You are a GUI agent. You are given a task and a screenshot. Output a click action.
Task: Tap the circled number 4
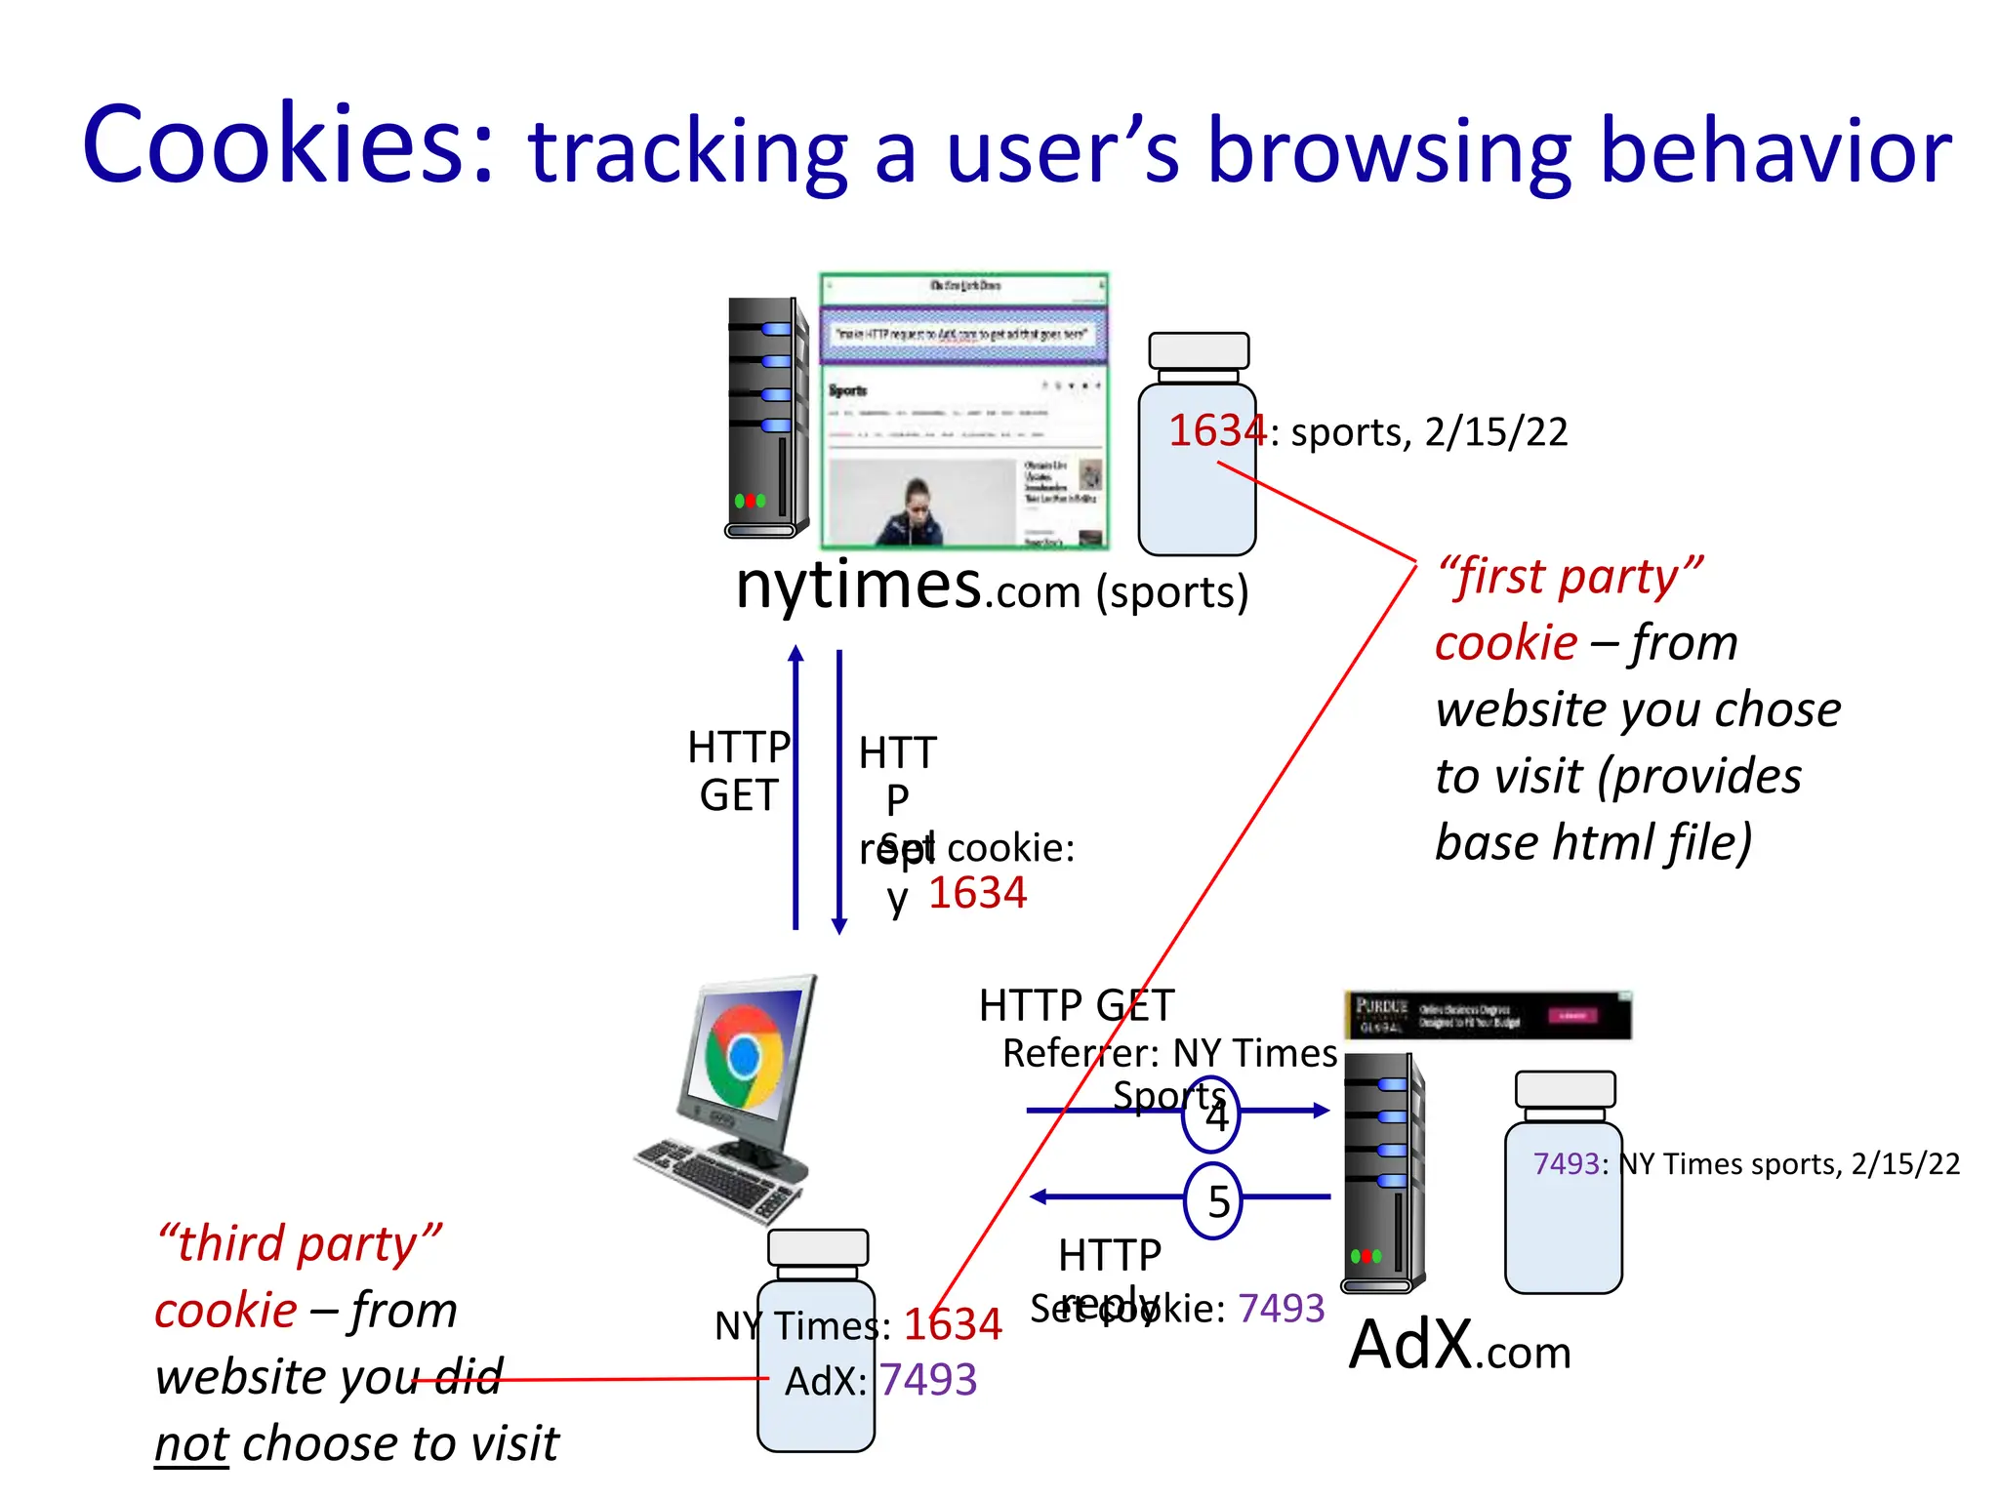[x=1211, y=1114]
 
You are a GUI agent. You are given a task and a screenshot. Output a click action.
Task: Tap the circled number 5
[x=1213, y=1200]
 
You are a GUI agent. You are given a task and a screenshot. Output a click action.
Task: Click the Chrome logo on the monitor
[x=744, y=1056]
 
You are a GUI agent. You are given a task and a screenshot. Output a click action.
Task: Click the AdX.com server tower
[x=1383, y=1171]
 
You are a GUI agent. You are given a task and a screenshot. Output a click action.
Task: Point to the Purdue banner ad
[x=1487, y=1015]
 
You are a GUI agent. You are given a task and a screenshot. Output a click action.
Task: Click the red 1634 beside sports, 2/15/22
[x=1216, y=430]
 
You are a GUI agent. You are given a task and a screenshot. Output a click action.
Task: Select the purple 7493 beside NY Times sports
[x=1566, y=1163]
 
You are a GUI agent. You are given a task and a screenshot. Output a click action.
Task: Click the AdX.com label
[x=1459, y=1347]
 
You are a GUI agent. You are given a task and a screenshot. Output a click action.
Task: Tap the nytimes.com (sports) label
[x=991, y=587]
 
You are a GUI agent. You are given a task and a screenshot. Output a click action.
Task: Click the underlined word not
[x=191, y=1443]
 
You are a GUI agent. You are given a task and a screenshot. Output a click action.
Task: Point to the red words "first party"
[x=1570, y=576]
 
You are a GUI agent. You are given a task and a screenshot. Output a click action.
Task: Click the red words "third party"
[x=299, y=1243]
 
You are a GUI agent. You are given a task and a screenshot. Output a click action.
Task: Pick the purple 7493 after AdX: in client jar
[x=927, y=1380]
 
